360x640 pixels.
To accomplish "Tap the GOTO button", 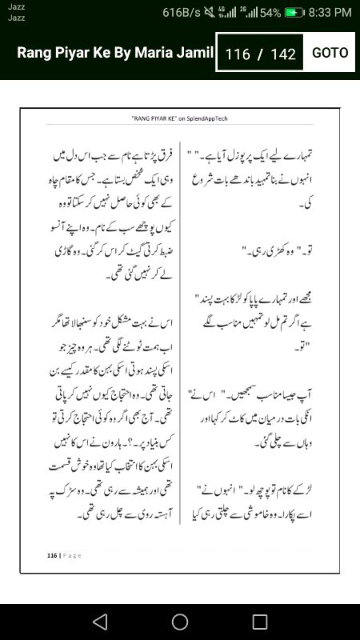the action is coord(330,53).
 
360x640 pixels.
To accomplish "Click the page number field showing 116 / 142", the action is coord(261,54).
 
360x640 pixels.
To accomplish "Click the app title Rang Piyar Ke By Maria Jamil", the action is coord(116,54).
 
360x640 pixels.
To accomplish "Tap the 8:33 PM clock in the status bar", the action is coord(330,12).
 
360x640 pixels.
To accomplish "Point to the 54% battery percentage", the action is coord(270,12).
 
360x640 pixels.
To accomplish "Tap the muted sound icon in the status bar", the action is coord(210,12).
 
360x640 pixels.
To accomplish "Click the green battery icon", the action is coord(294,12).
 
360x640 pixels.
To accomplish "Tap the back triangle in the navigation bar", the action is coord(99,622).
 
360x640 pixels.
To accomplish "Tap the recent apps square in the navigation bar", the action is coord(260,622).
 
